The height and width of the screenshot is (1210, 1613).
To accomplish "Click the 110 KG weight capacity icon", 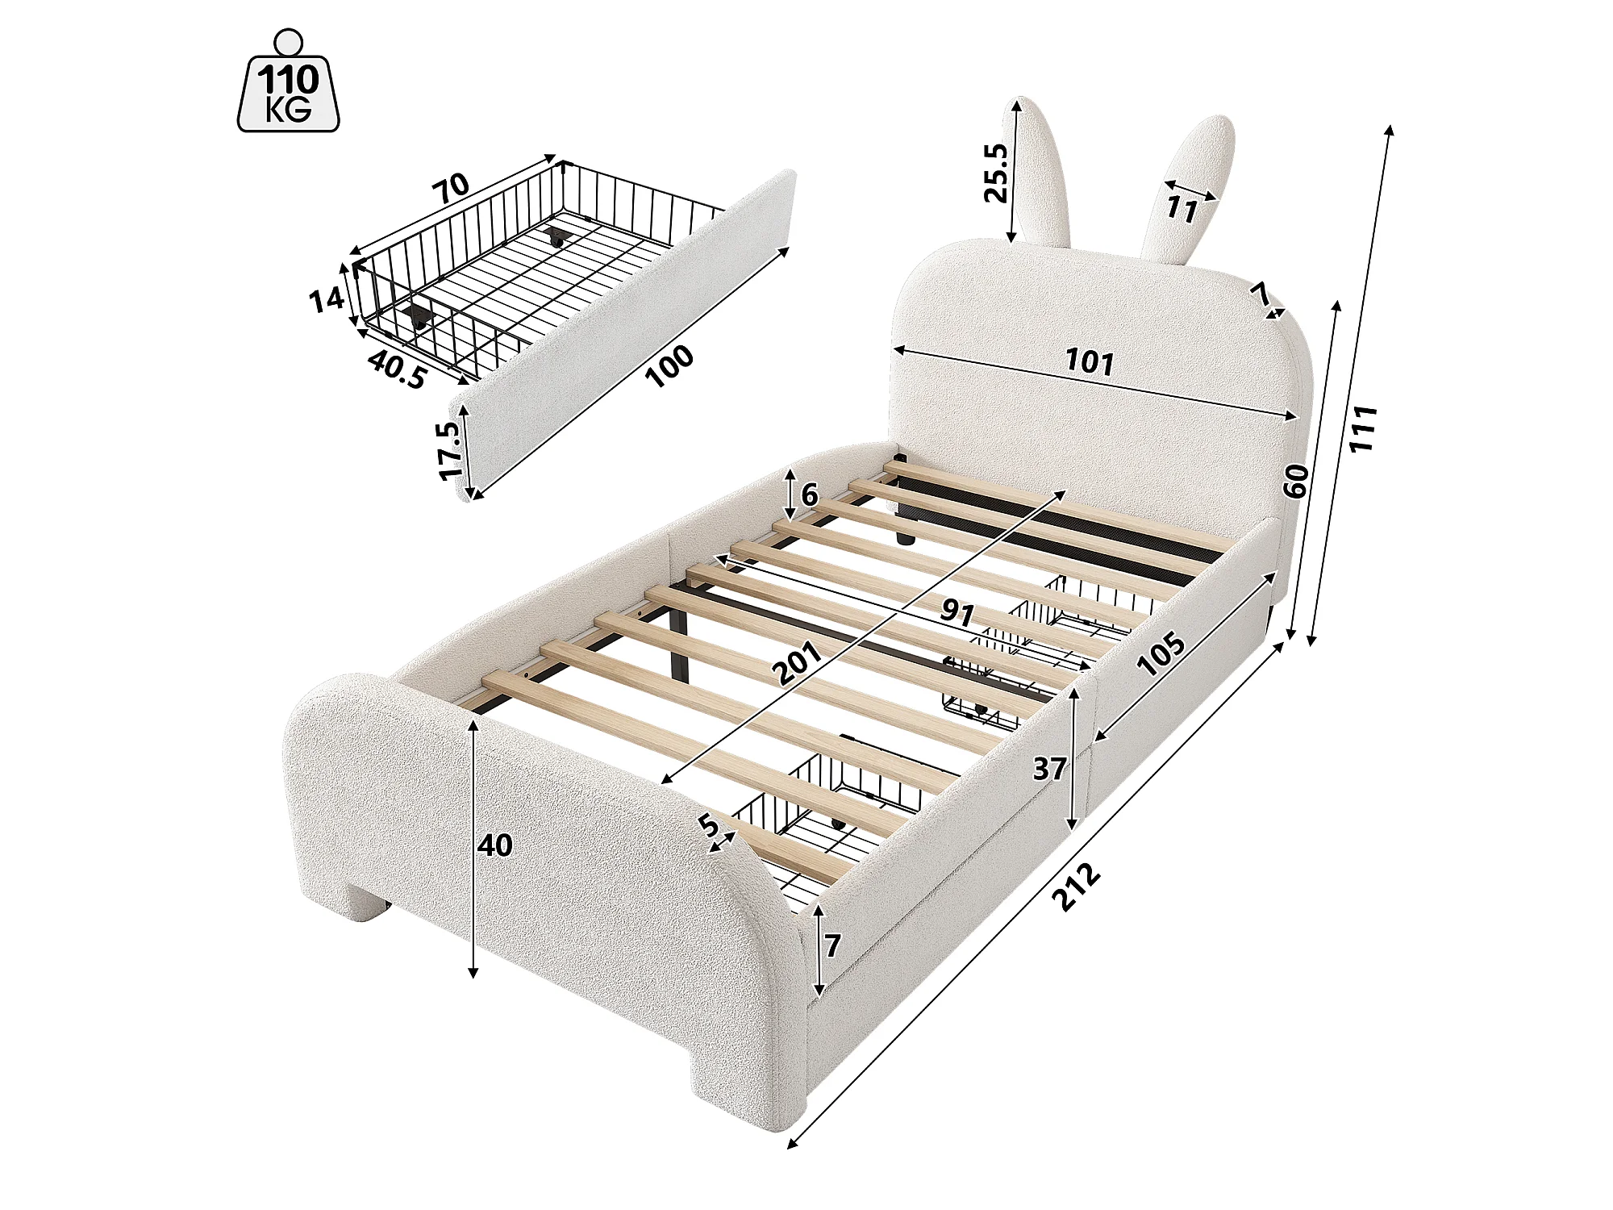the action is (288, 81).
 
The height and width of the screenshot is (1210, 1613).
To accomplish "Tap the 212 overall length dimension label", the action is (1078, 887).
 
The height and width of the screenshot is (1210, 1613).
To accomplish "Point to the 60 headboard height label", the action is (1296, 481).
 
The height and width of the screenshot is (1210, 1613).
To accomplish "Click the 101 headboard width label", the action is (1090, 362).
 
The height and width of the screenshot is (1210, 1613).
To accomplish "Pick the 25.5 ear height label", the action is (996, 173).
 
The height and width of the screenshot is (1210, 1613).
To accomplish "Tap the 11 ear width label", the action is (1182, 209).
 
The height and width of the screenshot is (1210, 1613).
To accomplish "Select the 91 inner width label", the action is (957, 613).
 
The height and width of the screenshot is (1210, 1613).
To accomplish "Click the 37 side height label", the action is (1050, 769).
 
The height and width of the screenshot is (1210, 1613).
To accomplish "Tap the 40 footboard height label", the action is (495, 845).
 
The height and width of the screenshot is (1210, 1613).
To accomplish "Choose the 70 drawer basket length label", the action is (451, 189).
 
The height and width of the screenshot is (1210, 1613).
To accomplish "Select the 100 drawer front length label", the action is (670, 366).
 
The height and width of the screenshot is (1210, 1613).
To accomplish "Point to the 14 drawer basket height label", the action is (327, 301).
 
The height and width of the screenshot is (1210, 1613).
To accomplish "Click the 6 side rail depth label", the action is (810, 494).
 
